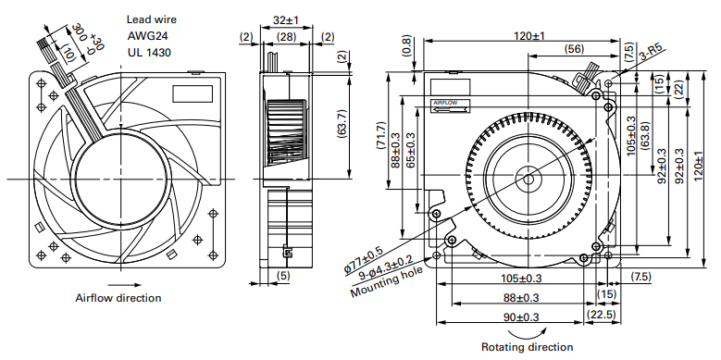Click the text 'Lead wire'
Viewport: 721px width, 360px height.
click(x=151, y=19)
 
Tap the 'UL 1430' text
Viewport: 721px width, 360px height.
click(x=149, y=53)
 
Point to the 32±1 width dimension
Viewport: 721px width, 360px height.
click(x=286, y=20)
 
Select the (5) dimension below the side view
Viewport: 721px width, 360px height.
click(x=284, y=276)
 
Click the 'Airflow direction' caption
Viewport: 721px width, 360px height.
click(x=118, y=298)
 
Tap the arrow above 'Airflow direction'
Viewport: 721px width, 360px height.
click(x=118, y=285)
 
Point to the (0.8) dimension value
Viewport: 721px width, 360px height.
click(x=407, y=46)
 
